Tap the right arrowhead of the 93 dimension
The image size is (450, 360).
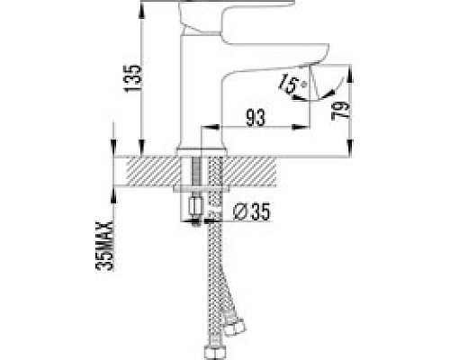tap(308, 126)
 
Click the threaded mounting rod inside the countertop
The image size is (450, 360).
tap(197, 173)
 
